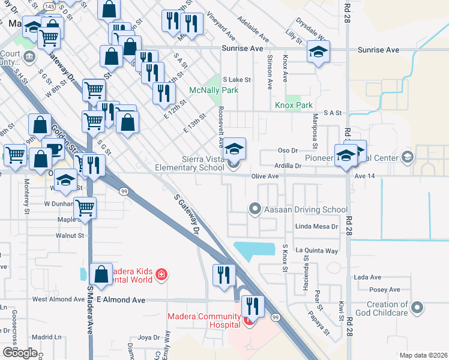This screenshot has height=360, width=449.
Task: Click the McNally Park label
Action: coord(214,91)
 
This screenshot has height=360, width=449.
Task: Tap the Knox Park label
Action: coord(294,105)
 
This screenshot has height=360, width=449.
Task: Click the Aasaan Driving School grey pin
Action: coord(256,209)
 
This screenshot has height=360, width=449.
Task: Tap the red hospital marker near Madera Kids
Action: coord(160,275)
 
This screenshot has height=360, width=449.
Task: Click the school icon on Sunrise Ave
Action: coord(318,52)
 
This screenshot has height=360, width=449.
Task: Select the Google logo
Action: coord(20,352)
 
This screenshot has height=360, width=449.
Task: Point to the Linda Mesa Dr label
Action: coord(316,227)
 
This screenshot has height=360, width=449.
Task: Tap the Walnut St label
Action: coord(71,236)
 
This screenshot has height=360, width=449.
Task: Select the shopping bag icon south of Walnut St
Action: coord(101,274)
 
